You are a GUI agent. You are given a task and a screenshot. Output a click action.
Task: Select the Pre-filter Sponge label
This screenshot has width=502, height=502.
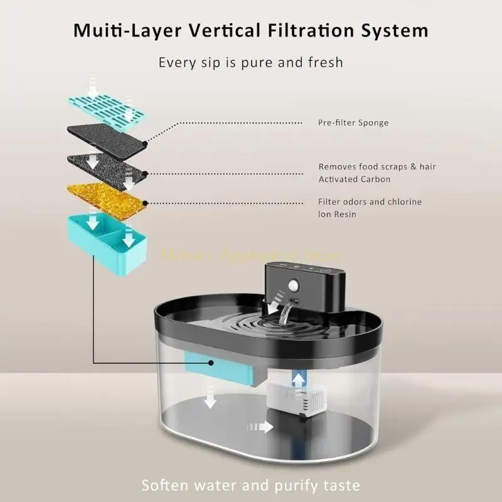point(353,123)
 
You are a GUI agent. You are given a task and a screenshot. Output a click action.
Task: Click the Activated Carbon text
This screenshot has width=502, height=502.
point(355,179)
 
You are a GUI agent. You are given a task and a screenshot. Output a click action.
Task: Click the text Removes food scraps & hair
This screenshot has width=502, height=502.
point(377,167)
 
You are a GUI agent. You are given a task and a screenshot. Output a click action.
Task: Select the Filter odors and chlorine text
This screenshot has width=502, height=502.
point(370,201)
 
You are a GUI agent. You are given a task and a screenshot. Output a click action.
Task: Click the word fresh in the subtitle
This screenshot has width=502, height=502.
point(324,62)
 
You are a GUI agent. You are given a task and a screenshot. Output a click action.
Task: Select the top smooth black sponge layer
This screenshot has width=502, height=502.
point(107,136)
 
